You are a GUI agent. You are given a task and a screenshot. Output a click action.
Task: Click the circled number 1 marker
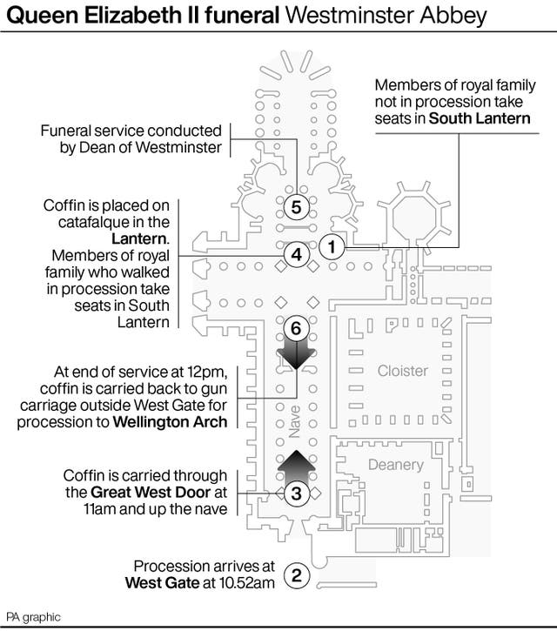[x=330, y=247]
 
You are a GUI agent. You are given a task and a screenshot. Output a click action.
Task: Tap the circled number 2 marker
[x=297, y=574]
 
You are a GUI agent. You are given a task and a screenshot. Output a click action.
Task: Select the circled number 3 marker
[x=296, y=493]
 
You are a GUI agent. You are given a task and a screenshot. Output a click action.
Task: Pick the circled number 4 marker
[x=296, y=255]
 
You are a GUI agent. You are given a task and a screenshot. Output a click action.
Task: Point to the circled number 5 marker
[x=296, y=207]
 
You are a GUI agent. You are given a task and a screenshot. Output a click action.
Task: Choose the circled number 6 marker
[x=296, y=328]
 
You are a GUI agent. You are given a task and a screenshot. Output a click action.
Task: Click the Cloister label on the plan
[x=402, y=371]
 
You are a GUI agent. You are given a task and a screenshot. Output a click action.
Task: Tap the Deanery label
[x=395, y=465]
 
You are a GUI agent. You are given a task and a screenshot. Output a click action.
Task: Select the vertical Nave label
[x=296, y=421]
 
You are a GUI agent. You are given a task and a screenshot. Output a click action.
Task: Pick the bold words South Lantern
[x=480, y=117]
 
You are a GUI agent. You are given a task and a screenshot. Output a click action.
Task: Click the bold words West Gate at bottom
[x=159, y=582]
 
